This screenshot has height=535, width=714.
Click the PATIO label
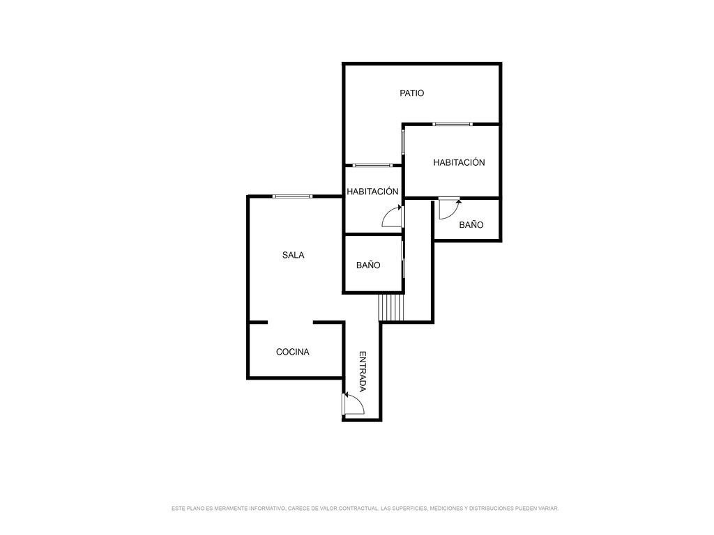point(411,93)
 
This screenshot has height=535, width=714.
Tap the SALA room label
point(294,255)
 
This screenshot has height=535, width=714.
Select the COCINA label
point(293,352)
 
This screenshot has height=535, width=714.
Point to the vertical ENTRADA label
point(363,371)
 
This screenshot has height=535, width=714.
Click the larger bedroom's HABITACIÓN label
point(459,162)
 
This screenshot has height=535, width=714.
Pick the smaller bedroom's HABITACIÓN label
point(372,191)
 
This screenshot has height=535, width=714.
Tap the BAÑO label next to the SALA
point(368,265)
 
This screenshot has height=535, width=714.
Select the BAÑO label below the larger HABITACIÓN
point(471,224)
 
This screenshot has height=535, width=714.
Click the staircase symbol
point(391,307)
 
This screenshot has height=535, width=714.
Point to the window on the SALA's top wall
point(292,196)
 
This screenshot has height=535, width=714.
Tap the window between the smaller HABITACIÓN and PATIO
point(372,165)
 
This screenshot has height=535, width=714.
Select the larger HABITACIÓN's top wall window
point(453,124)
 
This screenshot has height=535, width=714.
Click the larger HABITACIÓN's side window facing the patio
point(403,141)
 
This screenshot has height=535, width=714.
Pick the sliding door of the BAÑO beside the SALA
point(404,259)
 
